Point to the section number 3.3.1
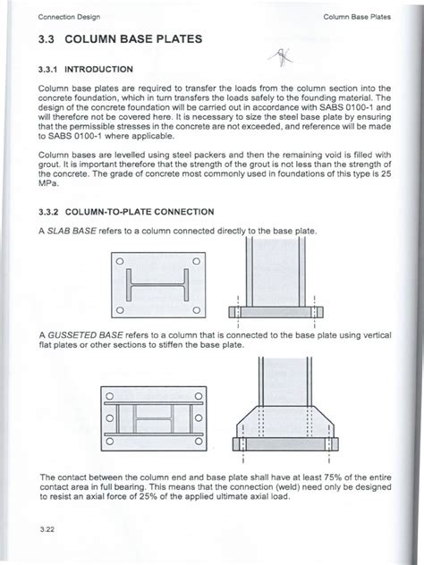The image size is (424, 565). [51, 68]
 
